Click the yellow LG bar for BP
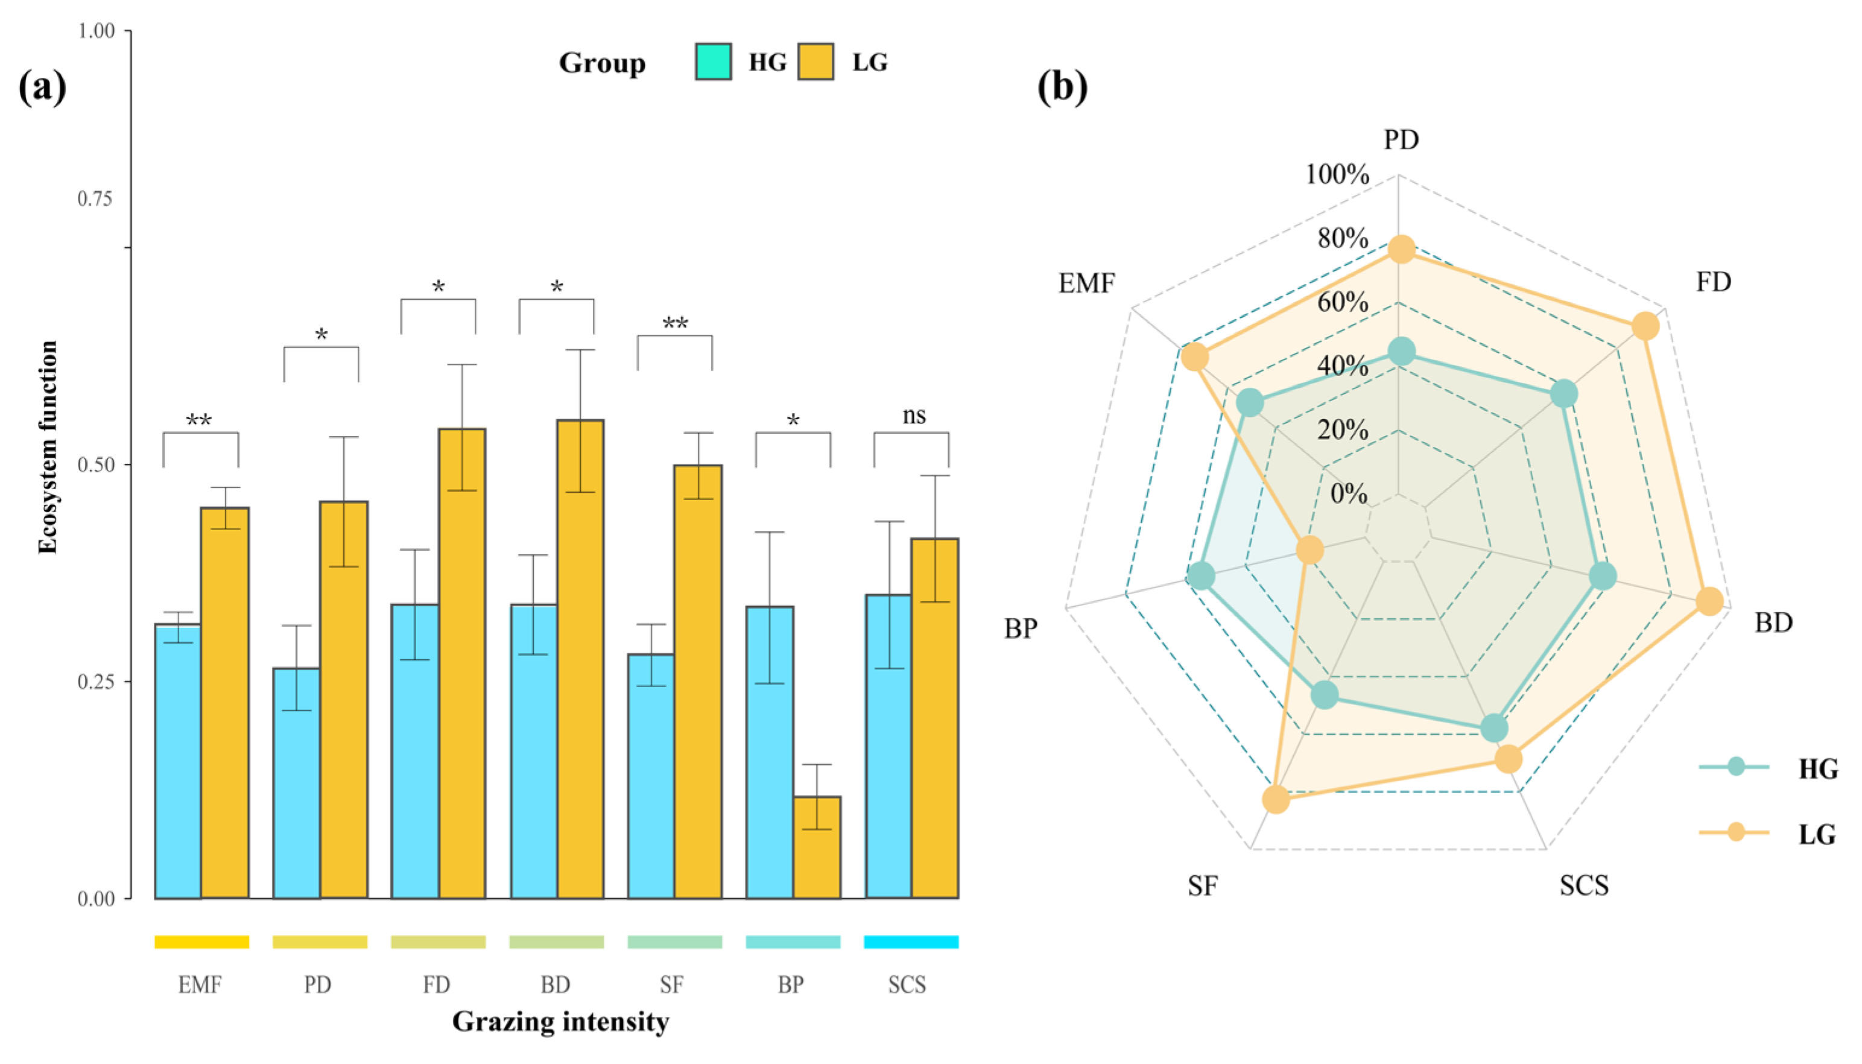point(817,847)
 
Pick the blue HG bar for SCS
point(888,746)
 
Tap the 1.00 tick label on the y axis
point(96,31)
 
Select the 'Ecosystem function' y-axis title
point(48,447)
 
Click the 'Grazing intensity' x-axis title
point(560,1022)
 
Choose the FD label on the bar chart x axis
point(436,985)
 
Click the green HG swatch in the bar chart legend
point(713,62)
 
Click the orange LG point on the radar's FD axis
point(1645,326)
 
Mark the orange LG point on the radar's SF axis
point(1276,799)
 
